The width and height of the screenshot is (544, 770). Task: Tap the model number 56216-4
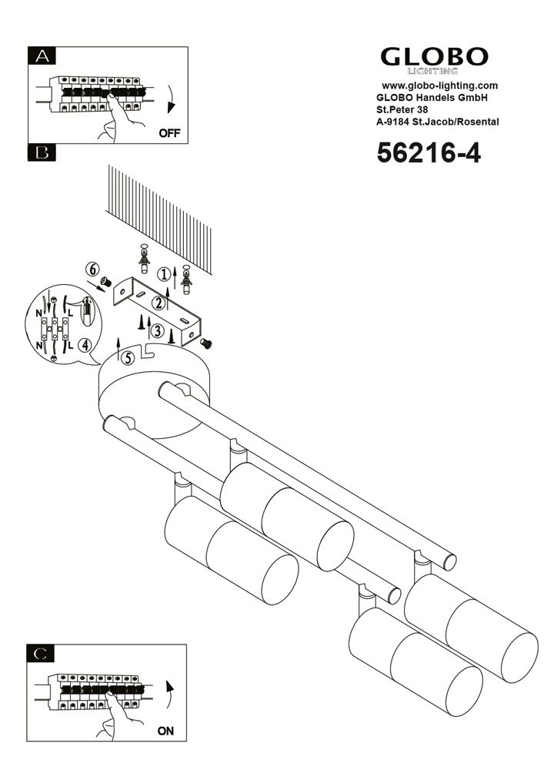pos(428,153)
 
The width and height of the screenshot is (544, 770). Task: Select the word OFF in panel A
pos(169,132)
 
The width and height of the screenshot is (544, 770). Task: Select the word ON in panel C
pos(165,731)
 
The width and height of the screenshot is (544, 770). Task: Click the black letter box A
pos(42,55)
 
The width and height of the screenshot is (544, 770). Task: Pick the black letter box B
pos(42,152)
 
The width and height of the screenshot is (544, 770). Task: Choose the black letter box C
pos(42,654)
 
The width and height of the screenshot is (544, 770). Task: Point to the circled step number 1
pos(164,274)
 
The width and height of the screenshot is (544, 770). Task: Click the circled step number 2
pos(158,303)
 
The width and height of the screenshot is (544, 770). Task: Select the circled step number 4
pos(85,345)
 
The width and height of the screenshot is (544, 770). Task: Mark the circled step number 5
pos(128,357)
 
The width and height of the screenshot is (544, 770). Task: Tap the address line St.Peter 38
pos(402,110)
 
